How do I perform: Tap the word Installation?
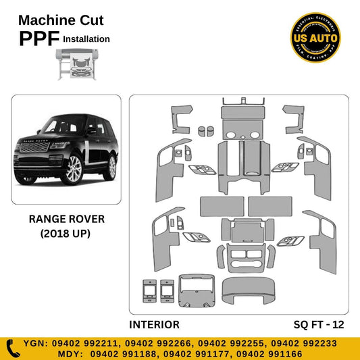(86, 39)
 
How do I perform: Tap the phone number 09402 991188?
(99, 353)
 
